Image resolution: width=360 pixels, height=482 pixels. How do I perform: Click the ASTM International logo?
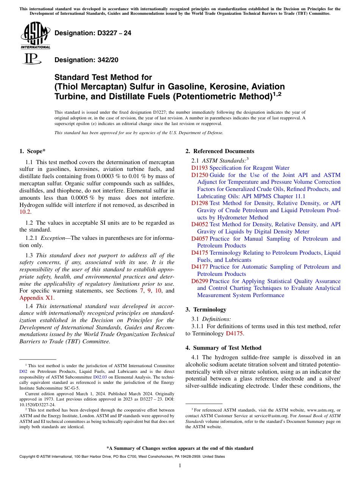(35, 35)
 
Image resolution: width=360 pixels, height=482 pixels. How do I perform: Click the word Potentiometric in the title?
(200, 96)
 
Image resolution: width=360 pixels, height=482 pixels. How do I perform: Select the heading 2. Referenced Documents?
(220, 151)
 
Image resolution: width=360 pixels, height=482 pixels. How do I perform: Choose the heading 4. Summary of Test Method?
(224, 347)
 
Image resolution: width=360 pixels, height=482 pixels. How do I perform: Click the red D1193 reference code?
(200, 168)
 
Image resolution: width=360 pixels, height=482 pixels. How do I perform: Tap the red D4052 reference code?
(200, 224)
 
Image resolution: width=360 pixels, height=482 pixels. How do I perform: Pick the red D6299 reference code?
(200, 281)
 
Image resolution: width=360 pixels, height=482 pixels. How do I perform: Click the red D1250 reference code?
(200, 175)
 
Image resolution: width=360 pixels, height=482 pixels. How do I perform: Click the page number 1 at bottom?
(180, 466)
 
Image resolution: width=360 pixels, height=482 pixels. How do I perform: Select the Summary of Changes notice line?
(180, 448)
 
